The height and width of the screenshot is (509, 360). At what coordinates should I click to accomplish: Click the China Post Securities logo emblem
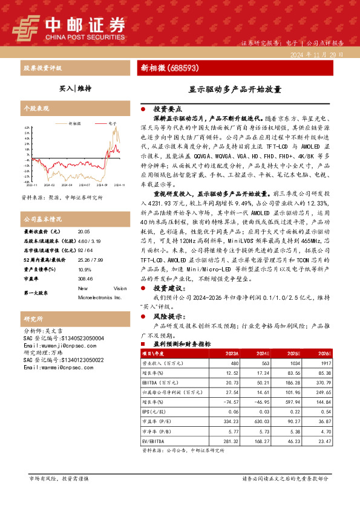(25, 26)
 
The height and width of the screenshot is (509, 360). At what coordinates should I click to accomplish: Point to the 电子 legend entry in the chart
(112, 123)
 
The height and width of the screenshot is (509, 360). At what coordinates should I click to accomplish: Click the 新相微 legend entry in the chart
(74, 123)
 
